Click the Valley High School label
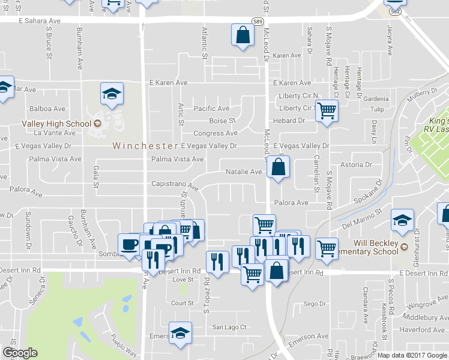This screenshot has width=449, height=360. tap(56, 124)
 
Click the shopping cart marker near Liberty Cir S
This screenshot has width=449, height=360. tap(327, 111)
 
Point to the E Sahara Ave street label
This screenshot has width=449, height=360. tap(40, 20)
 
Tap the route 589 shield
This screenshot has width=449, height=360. tap(258, 20)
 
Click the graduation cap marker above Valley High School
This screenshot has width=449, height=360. tap(112, 94)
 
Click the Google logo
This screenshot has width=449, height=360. tap(20, 353)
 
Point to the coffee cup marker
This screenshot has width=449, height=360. tap(130, 245)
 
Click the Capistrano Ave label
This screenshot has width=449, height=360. tap(174, 185)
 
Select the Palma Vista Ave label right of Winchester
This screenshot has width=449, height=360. tap(177, 159)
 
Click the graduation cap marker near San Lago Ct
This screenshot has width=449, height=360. tap(180, 333)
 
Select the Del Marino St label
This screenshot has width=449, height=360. tap(362, 219)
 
